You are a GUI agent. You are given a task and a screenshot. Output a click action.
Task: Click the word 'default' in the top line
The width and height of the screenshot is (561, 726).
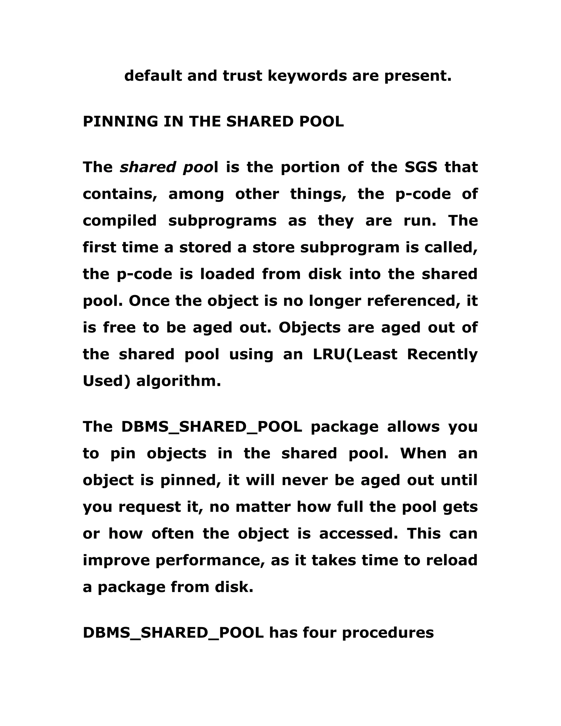pyautogui.click(x=153, y=76)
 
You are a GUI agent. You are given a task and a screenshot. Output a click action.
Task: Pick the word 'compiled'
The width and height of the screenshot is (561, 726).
pyautogui.click(x=120, y=221)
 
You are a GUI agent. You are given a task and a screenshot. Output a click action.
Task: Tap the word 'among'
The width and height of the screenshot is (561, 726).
pyautogui.click(x=196, y=194)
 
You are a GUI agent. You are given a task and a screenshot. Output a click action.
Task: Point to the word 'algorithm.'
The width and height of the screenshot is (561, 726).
pyautogui.click(x=179, y=381)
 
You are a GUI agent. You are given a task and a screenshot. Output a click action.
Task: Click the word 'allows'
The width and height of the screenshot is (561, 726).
pyautogui.click(x=413, y=427)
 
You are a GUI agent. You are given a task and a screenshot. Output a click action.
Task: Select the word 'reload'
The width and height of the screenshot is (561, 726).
pyautogui.click(x=452, y=561)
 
